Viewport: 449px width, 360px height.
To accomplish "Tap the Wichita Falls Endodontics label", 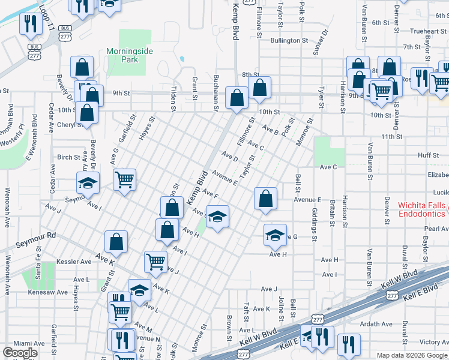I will [422, 209].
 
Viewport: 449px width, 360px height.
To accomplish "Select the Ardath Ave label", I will [376, 324].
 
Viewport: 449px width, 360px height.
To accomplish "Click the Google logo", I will [20, 353].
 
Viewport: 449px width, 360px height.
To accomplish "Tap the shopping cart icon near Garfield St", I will [124, 179].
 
